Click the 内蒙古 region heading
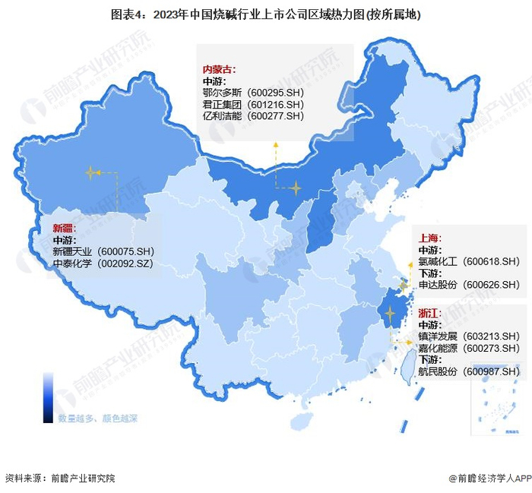coord(219,69)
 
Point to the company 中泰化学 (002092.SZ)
coord(103,264)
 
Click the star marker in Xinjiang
coord(91,173)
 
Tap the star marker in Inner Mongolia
coord(295,187)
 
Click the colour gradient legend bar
coord(48,397)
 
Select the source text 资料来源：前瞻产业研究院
coord(60,479)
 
